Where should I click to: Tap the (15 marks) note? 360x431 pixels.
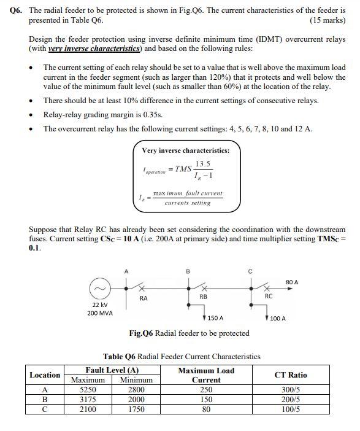328,20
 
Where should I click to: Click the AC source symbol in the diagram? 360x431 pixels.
101,288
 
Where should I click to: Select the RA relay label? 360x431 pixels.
143,298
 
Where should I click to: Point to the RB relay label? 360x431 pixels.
203,297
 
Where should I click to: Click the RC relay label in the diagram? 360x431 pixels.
269,297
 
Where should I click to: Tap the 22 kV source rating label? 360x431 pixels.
100,305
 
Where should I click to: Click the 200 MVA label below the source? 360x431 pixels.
100,313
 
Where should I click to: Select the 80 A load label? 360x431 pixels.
292,282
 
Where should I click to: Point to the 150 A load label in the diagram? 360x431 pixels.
214,319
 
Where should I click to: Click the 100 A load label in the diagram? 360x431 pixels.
277,319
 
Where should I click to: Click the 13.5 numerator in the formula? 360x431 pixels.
203,163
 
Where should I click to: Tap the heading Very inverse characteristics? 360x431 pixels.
186,150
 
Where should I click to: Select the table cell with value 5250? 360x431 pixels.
88,389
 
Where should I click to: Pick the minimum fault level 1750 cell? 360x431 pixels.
136,409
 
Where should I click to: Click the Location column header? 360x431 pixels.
45,375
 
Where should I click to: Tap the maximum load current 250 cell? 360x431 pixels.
206,389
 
